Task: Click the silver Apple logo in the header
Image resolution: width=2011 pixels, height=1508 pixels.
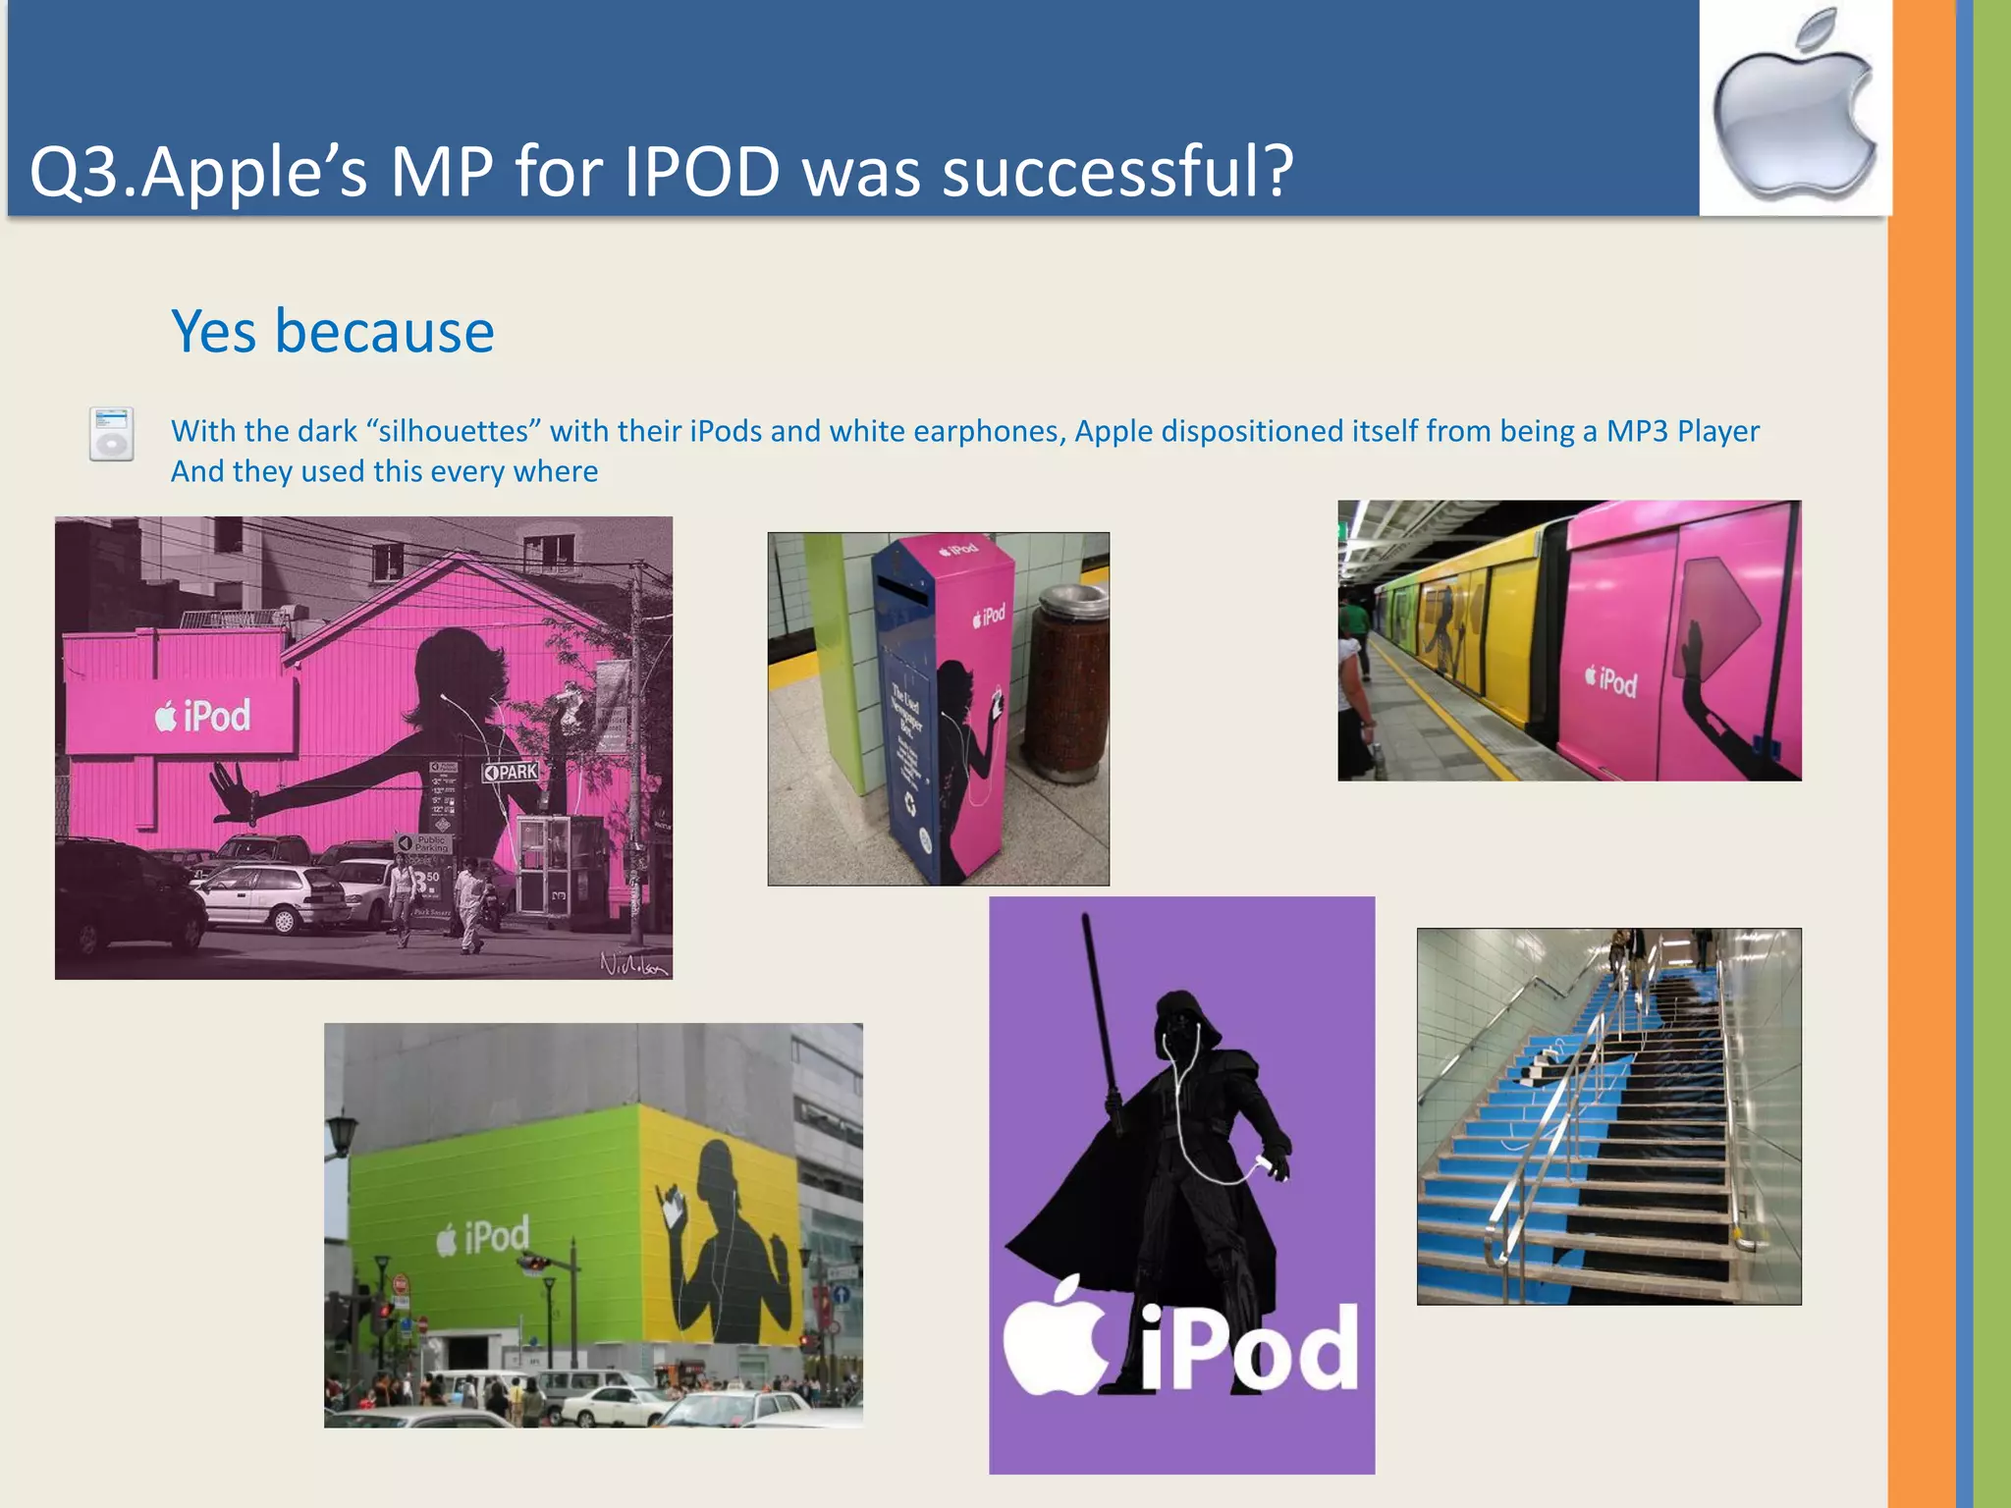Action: point(1795,108)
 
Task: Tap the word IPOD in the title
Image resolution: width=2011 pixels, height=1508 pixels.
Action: point(701,172)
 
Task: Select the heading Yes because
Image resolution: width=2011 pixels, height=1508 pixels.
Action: point(333,331)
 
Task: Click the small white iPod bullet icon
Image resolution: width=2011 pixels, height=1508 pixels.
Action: point(111,434)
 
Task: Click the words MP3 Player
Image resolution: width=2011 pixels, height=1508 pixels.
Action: point(1682,431)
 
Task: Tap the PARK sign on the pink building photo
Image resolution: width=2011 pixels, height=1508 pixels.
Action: point(511,772)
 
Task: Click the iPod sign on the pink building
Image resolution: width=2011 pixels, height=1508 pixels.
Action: point(203,716)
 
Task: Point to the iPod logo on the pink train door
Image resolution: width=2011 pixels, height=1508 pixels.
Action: point(1611,679)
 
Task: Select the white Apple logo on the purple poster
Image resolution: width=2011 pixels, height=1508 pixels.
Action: point(1056,1340)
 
